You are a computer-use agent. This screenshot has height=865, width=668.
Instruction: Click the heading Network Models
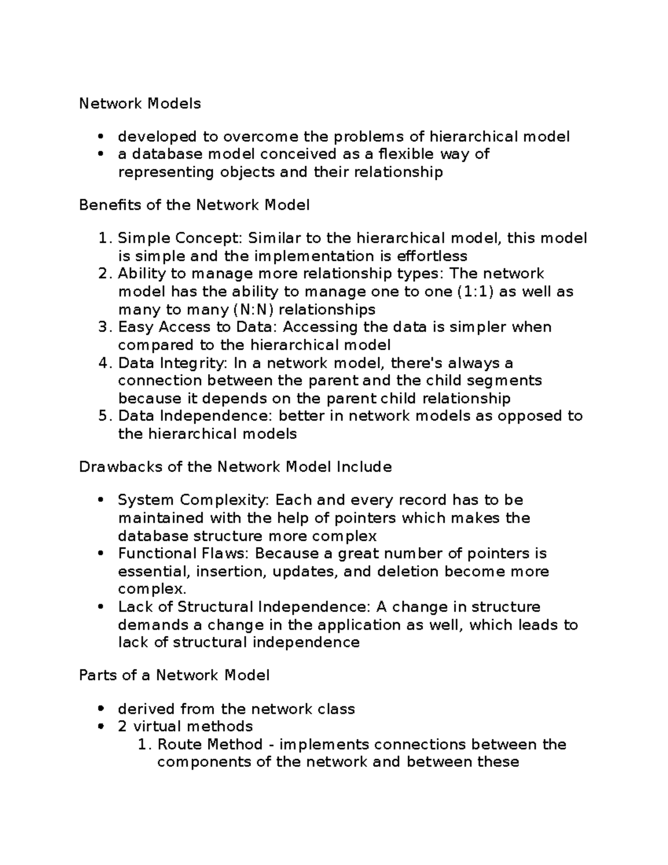pos(140,104)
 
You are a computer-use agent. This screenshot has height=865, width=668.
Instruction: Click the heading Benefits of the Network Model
pos(194,205)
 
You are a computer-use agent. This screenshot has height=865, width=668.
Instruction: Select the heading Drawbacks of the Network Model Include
pos(235,467)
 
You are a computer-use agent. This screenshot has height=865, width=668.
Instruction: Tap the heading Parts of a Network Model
pos(174,676)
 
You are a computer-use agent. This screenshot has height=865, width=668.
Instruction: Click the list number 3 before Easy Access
pos(104,327)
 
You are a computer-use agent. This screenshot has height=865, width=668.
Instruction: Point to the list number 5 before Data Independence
pos(104,416)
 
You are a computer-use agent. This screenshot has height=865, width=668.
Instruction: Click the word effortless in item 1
pos(432,256)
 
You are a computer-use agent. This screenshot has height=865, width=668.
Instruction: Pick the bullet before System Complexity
pos(100,500)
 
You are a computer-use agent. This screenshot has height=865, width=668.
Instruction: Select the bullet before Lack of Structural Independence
pos(100,607)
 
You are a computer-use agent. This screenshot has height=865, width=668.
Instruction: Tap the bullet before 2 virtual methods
pos(100,727)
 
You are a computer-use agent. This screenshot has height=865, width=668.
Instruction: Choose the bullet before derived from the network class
pos(100,709)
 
